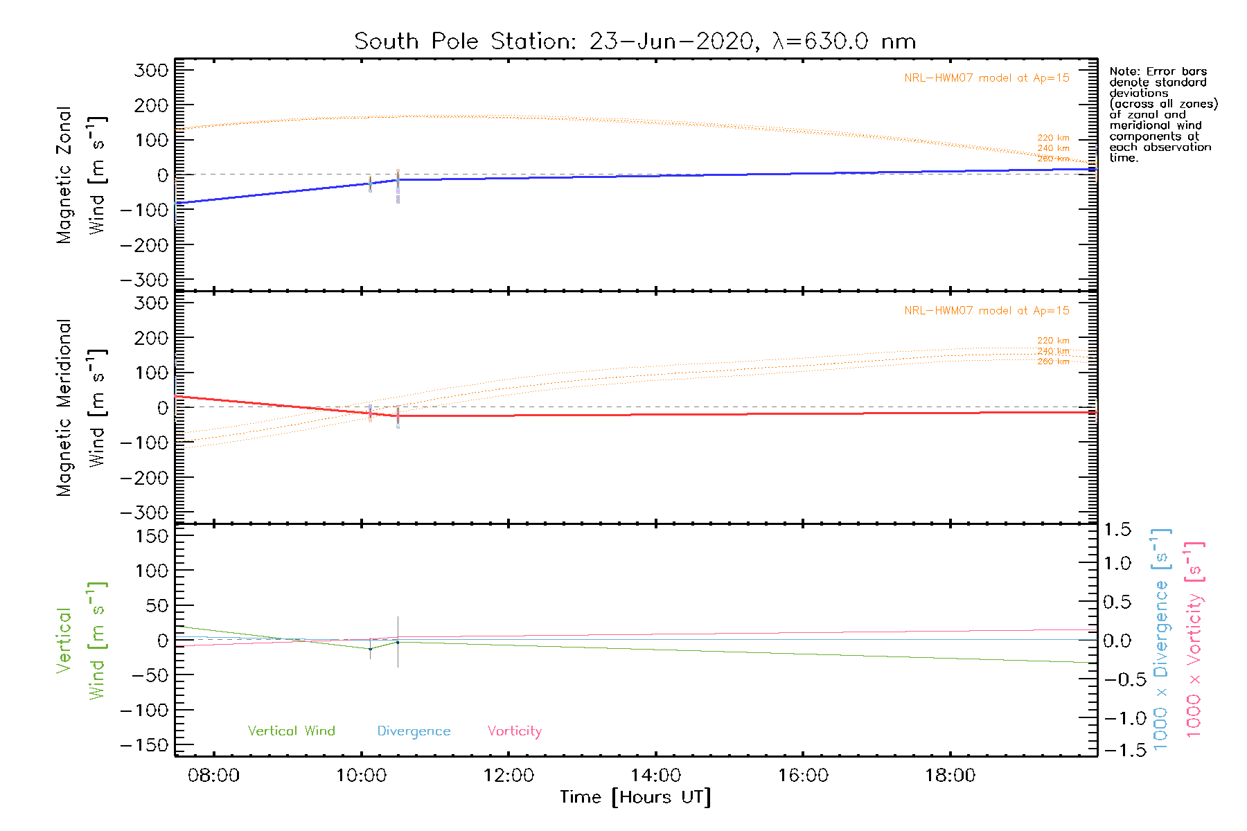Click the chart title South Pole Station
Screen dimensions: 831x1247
635,42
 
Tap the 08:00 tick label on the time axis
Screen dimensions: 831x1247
213,776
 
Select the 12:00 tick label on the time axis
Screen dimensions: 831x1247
508,776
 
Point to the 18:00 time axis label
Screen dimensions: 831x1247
950,776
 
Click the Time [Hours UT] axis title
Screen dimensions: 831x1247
635,797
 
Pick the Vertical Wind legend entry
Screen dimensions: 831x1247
291,731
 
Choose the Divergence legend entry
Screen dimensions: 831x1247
414,731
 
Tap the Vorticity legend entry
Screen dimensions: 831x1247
514,731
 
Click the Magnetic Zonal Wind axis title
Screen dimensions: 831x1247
80,175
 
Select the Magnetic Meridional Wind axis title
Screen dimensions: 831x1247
80,408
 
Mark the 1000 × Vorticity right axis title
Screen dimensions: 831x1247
1194,639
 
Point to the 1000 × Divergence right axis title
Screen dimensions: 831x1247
1161,639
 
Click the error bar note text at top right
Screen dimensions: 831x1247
1162,114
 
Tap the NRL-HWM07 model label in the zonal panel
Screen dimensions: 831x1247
986,78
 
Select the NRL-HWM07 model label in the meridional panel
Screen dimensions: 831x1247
986,311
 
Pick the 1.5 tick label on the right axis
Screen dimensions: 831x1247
1117,530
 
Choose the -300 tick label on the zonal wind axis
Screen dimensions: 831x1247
144,280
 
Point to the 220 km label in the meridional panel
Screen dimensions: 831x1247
1053,341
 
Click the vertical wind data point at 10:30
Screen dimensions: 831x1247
398,643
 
